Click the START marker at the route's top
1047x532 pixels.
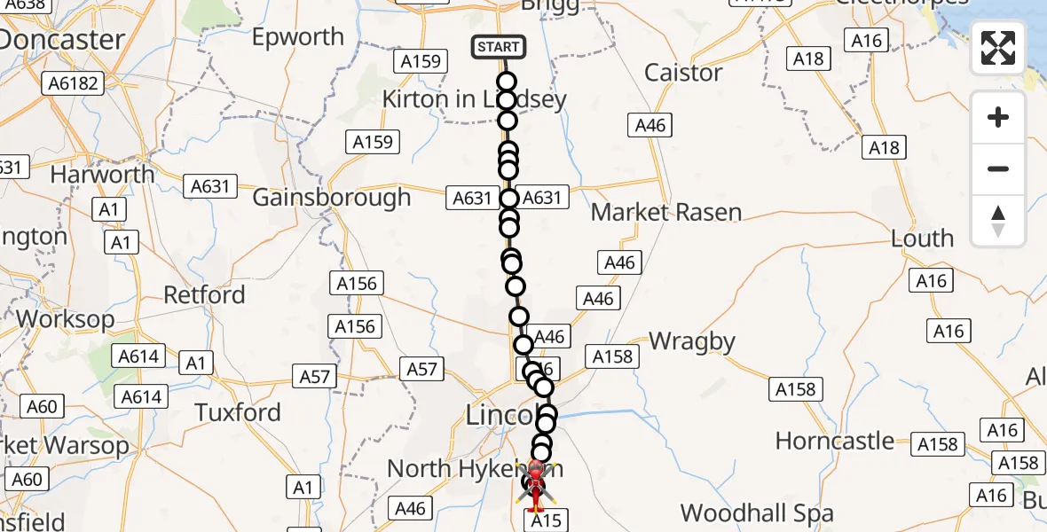[x=499, y=47]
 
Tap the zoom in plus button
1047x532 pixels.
[x=998, y=118]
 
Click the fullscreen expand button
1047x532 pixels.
[x=998, y=48]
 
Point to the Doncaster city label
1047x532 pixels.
[x=62, y=40]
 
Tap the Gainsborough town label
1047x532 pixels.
[x=332, y=197]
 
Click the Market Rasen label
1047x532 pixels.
[x=665, y=213]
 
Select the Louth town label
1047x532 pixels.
[x=924, y=239]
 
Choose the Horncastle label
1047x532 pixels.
[x=835, y=441]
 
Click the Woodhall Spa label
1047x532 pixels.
[x=757, y=513]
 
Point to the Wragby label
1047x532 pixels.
[x=692, y=341]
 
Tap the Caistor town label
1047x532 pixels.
[x=683, y=73]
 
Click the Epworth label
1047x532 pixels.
[x=298, y=37]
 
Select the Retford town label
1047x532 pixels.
[x=204, y=294]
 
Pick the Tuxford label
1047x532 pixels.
[x=238, y=412]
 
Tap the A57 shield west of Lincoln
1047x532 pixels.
[x=421, y=368]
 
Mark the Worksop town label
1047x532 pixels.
[x=65, y=318]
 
